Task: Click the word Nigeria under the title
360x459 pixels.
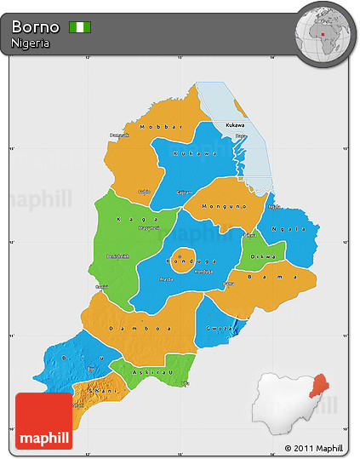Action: click(30, 43)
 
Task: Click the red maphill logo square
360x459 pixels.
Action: click(44, 421)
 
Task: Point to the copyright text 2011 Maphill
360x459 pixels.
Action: click(314, 448)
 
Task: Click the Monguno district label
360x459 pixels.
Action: click(223, 206)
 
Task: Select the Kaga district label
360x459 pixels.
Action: click(127, 219)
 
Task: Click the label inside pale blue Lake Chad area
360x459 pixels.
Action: click(234, 125)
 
